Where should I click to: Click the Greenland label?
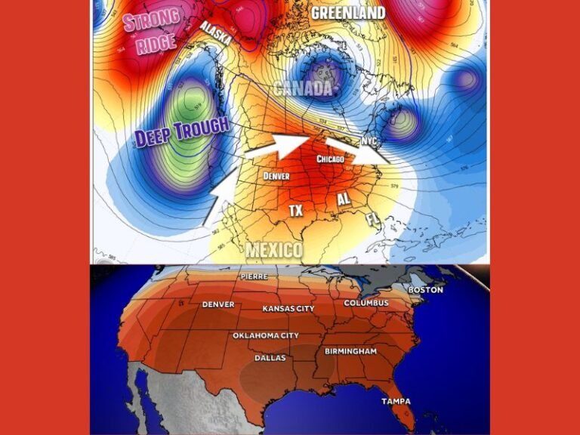(x=348, y=12)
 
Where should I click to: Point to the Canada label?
(x=303, y=88)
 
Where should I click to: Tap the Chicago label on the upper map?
(x=331, y=159)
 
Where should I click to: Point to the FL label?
(x=372, y=220)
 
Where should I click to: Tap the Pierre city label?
(x=254, y=276)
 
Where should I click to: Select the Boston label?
(x=425, y=289)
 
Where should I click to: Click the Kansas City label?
(x=288, y=308)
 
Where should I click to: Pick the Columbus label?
(x=366, y=303)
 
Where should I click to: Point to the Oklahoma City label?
(x=265, y=335)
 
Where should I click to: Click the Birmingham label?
(x=350, y=351)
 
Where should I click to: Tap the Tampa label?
(x=396, y=400)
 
